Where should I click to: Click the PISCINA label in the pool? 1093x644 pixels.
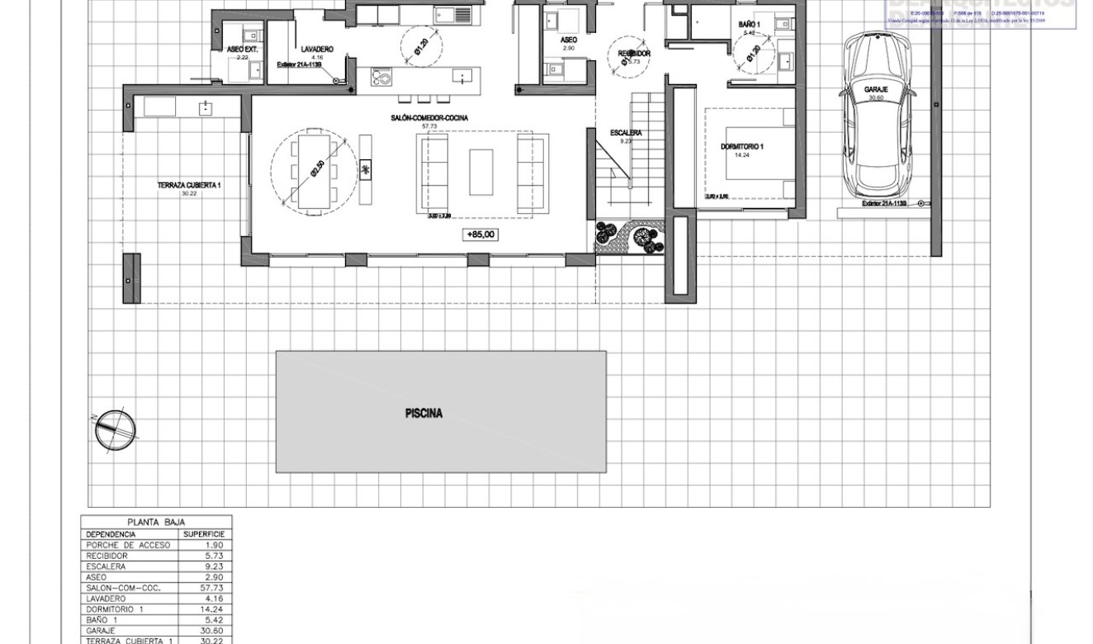pyautogui.click(x=423, y=414)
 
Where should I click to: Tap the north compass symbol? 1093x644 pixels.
pyautogui.click(x=114, y=429)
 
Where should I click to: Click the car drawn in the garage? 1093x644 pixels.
pyautogui.click(x=876, y=116)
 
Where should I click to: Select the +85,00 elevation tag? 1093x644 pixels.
pyautogui.click(x=480, y=235)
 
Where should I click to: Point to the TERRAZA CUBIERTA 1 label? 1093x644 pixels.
pyautogui.click(x=189, y=186)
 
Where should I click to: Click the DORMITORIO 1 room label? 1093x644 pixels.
pyautogui.click(x=741, y=147)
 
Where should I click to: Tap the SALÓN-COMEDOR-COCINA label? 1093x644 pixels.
pyautogui.click(x=429, y=118)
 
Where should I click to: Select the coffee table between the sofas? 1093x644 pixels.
pyautogui.click(x=481, y=172)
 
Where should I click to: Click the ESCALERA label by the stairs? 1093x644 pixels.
pyautogui.click(x=626, y=133)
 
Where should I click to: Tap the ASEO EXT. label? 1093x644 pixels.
pyautogui.click(x=243, y=50)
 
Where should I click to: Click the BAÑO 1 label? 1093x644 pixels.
pyautogui.click(x=749, y=25)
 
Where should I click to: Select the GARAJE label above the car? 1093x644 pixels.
pyautogui.click(x=876, y=89)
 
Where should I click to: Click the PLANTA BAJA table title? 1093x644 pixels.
pyautogui.click(x=156, y=522)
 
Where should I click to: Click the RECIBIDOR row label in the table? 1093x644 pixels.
pyautogui.click(x=107, y=556)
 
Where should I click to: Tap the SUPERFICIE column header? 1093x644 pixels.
pyautogui.click(x=204, y=534)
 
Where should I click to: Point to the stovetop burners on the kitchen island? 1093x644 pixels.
pyautogui.click(x=381, y=77)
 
